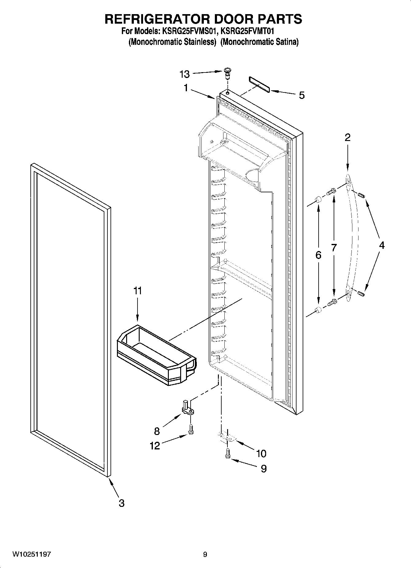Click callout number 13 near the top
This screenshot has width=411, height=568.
click(x=185, y=74)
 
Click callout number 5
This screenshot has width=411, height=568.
click(x=302, y=96)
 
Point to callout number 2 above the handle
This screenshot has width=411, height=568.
click(x=347, y=137)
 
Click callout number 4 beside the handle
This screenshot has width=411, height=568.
click(x=382, y=245)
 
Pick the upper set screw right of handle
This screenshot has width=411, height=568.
click(x=361, y=194)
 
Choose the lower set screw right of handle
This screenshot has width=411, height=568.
click(x=361, y=294)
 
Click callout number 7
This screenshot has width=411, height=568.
click(x=334, y=248)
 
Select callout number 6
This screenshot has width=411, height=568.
click(x=318, y=255)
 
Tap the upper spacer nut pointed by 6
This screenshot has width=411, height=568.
click(x=318, y=201)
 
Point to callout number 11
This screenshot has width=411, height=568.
click(x=138, y=290)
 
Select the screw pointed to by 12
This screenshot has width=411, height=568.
click(x=191, y=429)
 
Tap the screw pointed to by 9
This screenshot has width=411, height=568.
click(x=227, y=453)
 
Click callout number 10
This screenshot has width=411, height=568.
click(x=261, y=453)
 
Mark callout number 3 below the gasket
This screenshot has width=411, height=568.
click(x=122, y=503)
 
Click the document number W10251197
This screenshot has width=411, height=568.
click(x=32, y=554)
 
